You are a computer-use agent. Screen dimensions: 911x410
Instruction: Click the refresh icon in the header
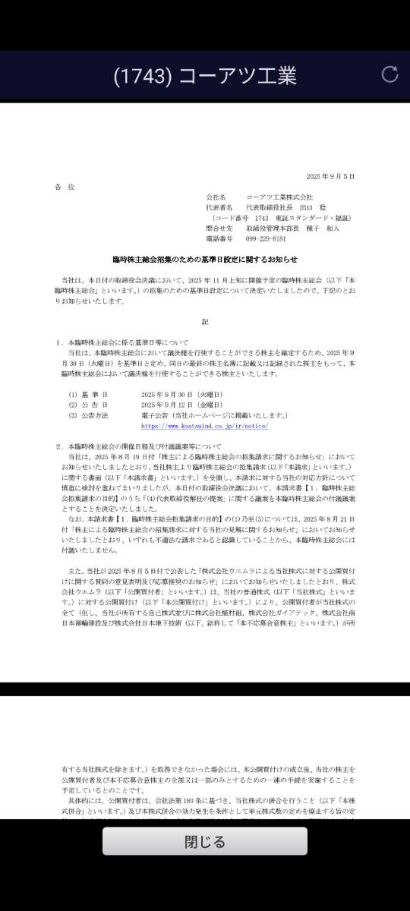[389, 74]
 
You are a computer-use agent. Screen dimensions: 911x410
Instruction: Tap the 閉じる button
[205, 841]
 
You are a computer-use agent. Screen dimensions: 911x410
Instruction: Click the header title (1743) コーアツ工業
[204, 75]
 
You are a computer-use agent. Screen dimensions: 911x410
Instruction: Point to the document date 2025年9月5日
[330, 176]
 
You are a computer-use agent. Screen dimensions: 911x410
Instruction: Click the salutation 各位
[65, 187]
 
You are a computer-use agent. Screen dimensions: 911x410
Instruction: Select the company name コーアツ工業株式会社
[279, 197]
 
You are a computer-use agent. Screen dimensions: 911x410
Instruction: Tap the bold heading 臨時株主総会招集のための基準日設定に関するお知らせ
[204, 259]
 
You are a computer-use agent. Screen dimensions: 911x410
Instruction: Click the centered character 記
[205, 322]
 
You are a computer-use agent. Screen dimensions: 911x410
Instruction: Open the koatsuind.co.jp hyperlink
[204, 427]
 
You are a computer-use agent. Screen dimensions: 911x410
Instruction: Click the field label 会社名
[216, 197]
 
